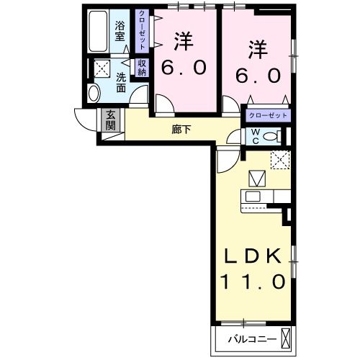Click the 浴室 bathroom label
(120, 32)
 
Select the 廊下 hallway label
(181, 130)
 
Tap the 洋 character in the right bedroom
(258, 50)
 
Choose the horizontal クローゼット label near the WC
(268, 115)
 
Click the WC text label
(254, 136)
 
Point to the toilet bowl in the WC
(272, 136)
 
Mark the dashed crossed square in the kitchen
(279, 160)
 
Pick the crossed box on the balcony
(286, 337)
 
